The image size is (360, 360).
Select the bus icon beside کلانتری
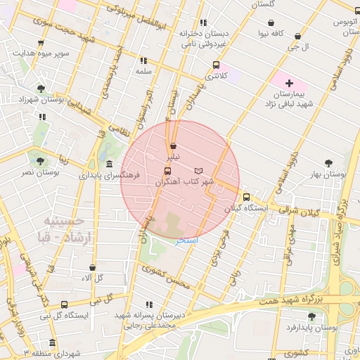[216, 65]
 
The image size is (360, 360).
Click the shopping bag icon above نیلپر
[174, 146]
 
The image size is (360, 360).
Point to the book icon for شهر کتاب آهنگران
[199, 171]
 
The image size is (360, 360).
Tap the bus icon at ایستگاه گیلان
[246, 198]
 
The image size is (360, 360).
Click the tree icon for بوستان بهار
[329, 163]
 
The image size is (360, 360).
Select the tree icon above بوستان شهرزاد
[41, 89]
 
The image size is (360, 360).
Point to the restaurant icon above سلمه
[144, 61]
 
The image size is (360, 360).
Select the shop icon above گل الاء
[92, 268]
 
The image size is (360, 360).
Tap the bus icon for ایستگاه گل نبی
[65, 305]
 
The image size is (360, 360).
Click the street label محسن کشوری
[166, 278]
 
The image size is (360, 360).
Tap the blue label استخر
[187, 240]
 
